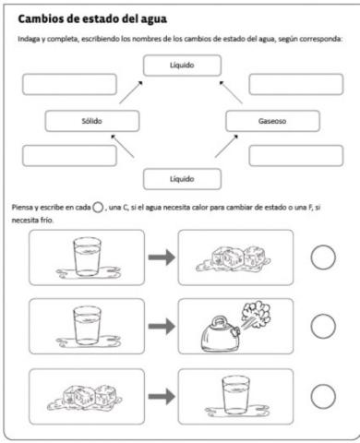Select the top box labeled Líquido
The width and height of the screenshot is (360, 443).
click(x=182, y=66)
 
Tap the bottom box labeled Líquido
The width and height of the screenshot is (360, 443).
click(x=182, y=177)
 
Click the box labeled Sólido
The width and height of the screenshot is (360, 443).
click(x=91, y=121)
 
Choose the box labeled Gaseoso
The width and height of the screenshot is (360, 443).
click(x=272, y=121)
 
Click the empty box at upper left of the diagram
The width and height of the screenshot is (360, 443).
click(x=70, y=85)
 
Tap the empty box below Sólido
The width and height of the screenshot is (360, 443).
click(x=70, y=155)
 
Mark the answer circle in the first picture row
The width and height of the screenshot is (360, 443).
click(x=322, y=257)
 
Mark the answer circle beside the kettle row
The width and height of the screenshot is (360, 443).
click(x=322, y=326)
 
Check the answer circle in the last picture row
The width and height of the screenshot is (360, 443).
click(x=322, y=395)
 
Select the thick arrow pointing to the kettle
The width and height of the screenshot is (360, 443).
click(x=162, y=326)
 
